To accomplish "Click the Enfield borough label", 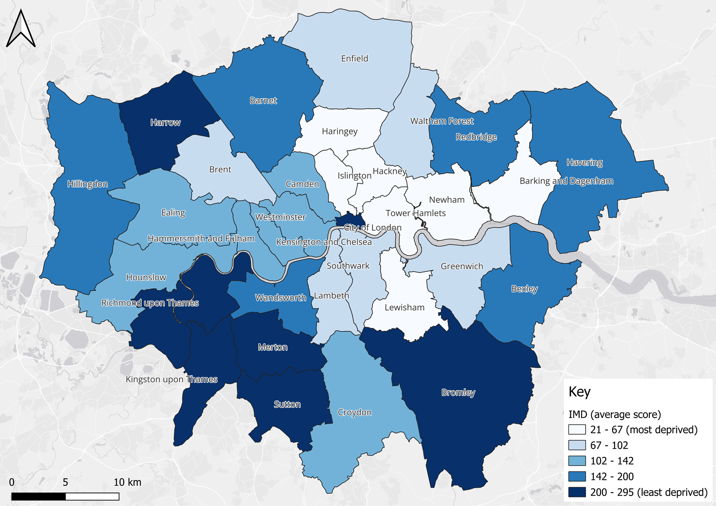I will [x=354, y=58].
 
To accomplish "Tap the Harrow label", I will [x=165, y=123].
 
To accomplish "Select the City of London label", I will [x=373, y=227].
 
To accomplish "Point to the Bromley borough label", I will [x=458, y=392].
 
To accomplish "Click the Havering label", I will [x=584, y=162].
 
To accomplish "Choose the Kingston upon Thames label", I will [x=172, y=379].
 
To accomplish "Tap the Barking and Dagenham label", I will [x=566, y=181].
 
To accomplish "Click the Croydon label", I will [x=354, y=412].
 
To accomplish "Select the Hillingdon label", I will [x=87, y=184].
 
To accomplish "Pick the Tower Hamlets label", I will [x=415, y=213].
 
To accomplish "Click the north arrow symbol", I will [x=21, y=29].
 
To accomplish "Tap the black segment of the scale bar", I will [x=38, y=496].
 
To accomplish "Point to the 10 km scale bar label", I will [x=127, y=482].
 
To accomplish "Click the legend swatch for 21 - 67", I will [x=577, y=430].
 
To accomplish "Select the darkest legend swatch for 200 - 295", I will [x=577, y=492].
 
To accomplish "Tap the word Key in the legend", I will [x=579, y=392].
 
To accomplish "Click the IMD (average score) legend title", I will [x=614, y=414].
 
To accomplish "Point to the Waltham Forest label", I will [x=442, y=121].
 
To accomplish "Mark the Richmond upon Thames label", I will [x=150, y=303].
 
